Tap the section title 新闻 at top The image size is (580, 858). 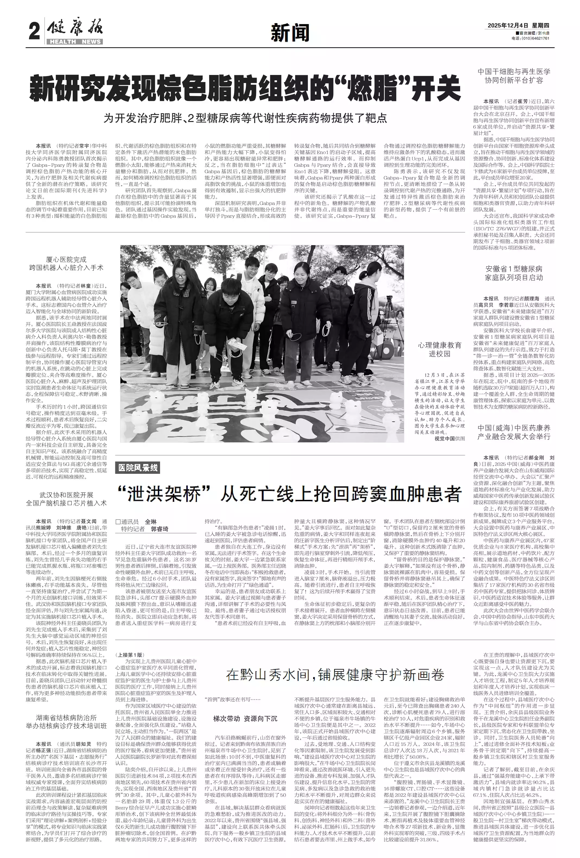click(290, 33)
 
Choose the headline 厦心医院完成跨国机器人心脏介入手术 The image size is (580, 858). click(66, 264)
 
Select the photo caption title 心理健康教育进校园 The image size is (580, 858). click(439, 349)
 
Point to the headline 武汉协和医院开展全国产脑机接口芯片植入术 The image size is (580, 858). click(66, 499)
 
